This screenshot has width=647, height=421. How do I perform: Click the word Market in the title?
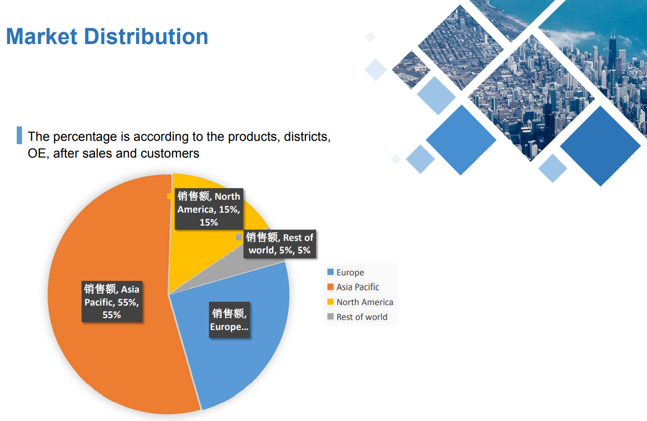42,36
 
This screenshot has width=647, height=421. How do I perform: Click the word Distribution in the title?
146,36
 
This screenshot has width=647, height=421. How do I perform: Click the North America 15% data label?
209,209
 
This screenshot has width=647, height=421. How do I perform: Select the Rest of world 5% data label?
280,244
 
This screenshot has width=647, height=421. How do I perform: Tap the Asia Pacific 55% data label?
112,302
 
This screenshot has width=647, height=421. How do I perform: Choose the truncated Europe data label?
229,320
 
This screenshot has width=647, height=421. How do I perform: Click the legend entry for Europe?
346,272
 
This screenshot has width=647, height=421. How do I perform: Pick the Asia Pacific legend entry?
353,287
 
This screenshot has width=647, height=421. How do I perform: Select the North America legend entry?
360,302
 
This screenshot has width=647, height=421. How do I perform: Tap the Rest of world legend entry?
357,317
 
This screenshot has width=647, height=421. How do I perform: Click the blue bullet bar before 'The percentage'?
19,135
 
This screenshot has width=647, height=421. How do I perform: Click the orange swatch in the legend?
330,286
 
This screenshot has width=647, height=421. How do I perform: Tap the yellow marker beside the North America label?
170,196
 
